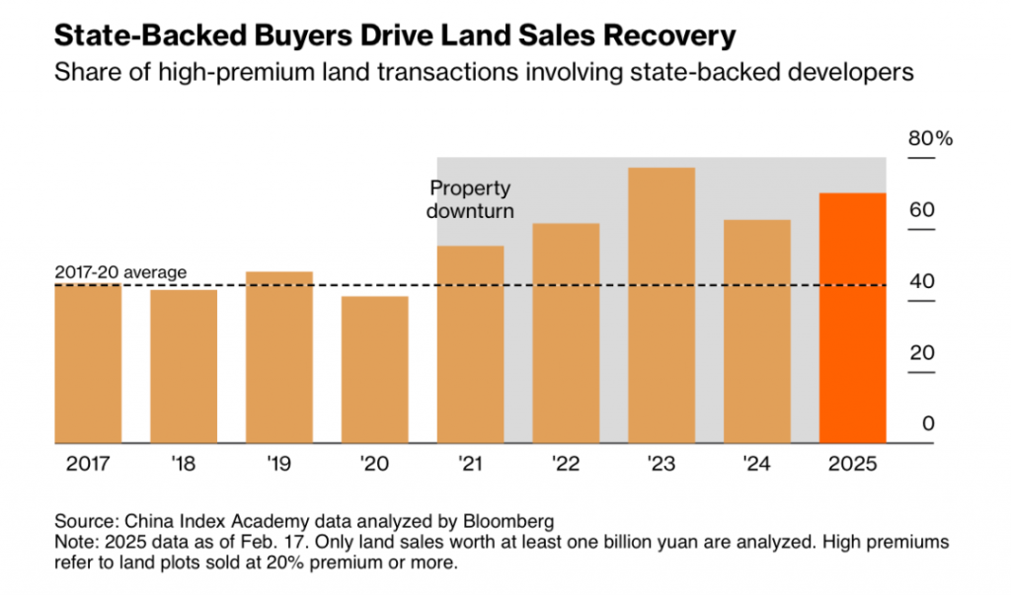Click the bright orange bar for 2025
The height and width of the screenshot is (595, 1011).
click(x=853, y=318)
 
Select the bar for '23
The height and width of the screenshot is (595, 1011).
click(x=661, y=306)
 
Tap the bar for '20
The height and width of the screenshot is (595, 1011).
click(x=375, y=370)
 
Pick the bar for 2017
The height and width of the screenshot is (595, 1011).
click(x=88, y=364)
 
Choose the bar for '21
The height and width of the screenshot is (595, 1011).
click(x=470, y=345)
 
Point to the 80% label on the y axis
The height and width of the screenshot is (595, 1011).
click(x=930, y=139)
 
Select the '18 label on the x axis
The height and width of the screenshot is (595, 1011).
click(x=184, y=464)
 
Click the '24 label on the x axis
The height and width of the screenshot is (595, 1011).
click(x=757, y=464)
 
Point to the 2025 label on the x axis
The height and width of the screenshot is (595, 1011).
click(x=853, y=464)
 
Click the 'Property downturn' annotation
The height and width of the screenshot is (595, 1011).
click(x=470, y=199)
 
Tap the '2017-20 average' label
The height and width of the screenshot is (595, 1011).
click(x=120, y=272)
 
